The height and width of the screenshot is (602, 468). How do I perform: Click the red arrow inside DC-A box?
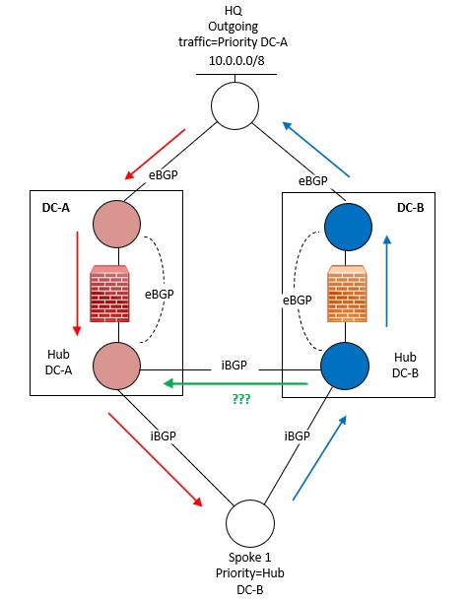[75, 280]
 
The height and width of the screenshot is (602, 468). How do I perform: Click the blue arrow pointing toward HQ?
[315, 150]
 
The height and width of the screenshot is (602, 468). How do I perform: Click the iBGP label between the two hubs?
[234, 365]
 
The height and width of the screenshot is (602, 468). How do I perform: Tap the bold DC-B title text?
[410, 209]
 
